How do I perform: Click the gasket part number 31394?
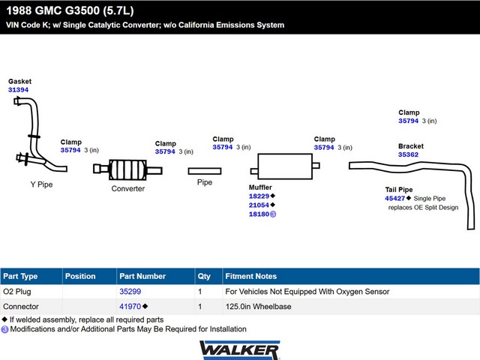18,90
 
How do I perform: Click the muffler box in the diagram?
285,166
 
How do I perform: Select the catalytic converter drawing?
127,169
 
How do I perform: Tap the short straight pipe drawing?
205,171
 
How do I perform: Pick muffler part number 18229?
259,196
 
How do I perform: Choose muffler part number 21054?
259,205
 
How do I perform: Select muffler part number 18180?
259,214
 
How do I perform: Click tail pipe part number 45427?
395,198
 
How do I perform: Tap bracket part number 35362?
408,154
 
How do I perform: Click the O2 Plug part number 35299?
130,292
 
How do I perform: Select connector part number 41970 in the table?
130,307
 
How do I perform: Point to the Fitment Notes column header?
251,276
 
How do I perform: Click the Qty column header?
204,277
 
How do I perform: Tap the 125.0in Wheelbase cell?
258,307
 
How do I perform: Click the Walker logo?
240,350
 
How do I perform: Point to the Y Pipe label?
42,184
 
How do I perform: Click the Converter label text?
128,188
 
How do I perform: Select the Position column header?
80,276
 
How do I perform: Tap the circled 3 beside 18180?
273,214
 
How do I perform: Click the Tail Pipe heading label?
399,190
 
